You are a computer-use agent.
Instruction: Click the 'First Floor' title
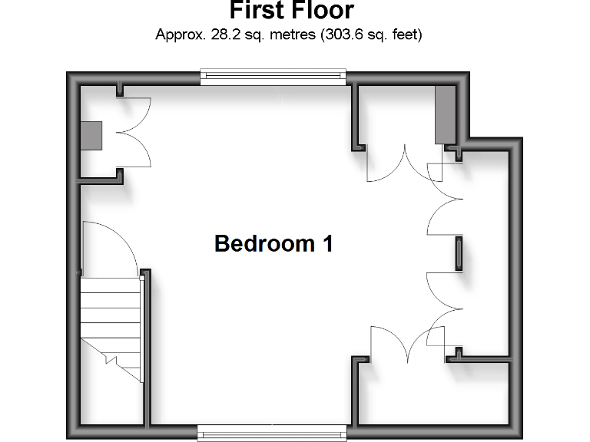click(291, 11)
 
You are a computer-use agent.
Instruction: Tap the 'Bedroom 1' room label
click(273, 244)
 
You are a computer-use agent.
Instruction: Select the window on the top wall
click(273, 76)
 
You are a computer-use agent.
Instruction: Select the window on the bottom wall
click(273, 432)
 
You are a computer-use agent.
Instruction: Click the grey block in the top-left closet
click(91, 136)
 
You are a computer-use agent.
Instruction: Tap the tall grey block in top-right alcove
click(445, 115)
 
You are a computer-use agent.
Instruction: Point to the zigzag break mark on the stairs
click(108, 358)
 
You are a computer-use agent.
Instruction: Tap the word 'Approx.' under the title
click(178, 35)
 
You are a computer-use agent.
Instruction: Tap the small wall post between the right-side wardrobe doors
click(459, 253)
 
